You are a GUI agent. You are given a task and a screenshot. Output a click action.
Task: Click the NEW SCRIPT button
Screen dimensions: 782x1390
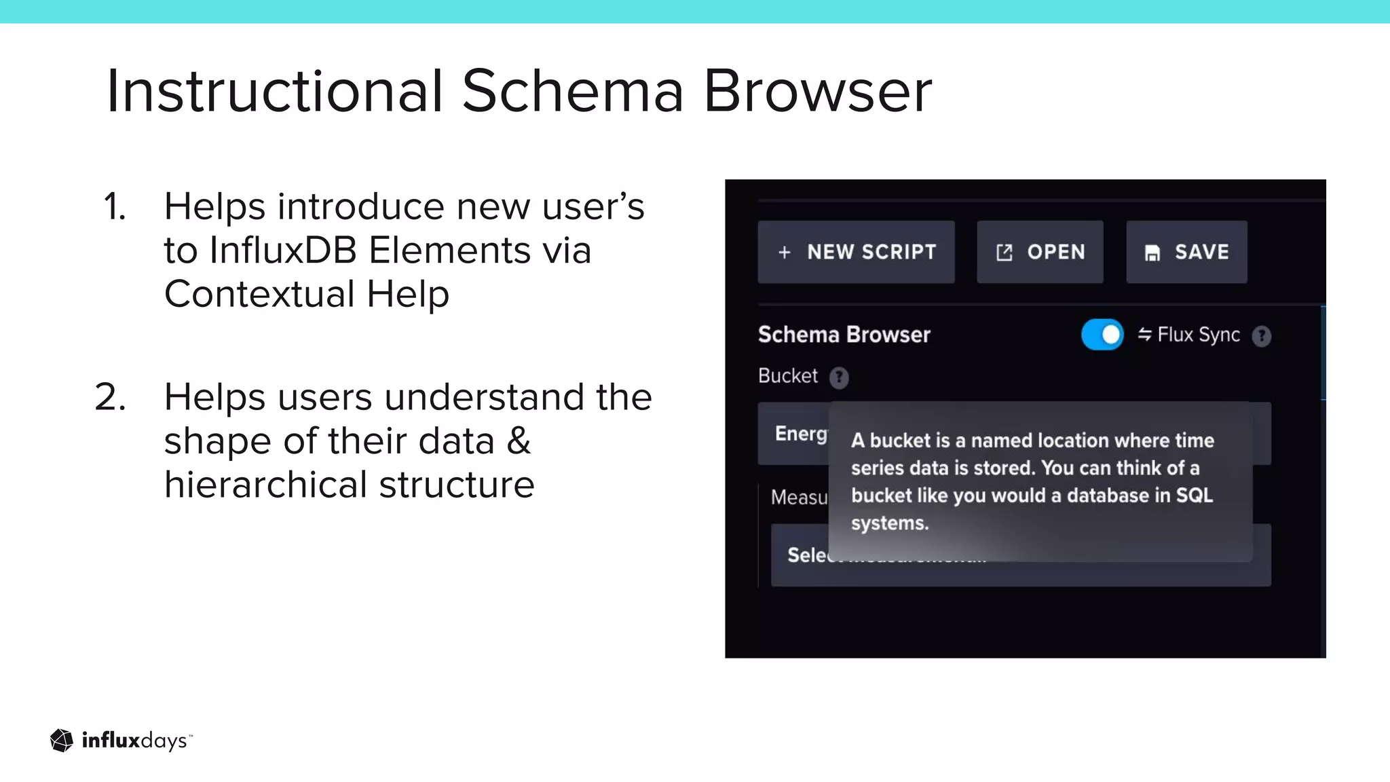point(856,252)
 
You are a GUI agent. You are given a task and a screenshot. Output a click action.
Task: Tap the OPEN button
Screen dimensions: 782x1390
point(1040,252)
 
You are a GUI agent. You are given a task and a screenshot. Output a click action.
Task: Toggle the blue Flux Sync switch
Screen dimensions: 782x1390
point(1102,335)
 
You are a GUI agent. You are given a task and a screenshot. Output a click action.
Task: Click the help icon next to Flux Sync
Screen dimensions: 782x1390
point(1262,336)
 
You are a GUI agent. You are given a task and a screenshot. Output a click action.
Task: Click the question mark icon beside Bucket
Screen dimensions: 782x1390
point(839,377)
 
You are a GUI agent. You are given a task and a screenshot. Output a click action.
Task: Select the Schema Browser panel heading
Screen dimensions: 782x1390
point(844,335)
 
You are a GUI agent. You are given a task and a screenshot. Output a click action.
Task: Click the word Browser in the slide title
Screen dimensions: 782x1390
point(817,91)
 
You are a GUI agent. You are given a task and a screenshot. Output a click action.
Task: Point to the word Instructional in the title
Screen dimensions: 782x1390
point(275,91)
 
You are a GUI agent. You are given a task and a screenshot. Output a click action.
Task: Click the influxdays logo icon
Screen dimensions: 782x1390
point(62,741)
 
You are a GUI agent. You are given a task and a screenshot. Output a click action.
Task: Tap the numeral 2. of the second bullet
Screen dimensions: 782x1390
point(111,397)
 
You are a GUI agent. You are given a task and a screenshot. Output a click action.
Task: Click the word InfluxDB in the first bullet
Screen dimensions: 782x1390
point(283,250)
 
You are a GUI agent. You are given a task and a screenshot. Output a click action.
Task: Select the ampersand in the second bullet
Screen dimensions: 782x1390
point(519,441)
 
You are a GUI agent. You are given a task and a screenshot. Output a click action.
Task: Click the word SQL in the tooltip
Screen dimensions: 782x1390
point(1194,496)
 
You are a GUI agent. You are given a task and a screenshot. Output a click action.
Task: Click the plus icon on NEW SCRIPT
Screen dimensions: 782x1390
point(785,253)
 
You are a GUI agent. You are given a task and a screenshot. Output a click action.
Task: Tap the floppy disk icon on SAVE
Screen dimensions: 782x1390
point(1152,253)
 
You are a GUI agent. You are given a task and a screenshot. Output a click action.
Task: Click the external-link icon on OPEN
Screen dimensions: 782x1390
point(1004,253)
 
